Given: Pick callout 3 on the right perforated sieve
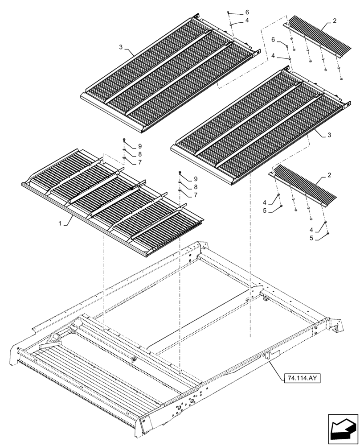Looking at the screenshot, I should [x=328, y=135].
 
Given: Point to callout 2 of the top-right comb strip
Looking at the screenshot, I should [x=334, y=21].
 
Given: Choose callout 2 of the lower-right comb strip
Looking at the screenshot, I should [x=329, y=175].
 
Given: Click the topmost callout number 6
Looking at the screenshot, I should [x=247, y=12].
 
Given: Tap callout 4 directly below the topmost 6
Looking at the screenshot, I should [x=247, y=21].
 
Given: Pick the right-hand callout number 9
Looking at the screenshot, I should [x=195, y=179].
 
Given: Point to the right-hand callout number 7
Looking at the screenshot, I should [x=195, y=195].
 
